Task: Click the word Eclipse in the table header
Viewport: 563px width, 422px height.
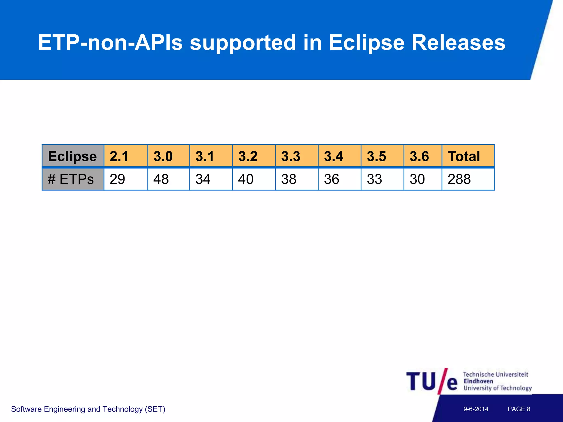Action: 72,156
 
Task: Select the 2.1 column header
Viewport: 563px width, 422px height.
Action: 119,156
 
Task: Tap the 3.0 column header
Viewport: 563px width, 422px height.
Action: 163,156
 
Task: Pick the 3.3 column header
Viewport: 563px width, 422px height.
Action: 291,156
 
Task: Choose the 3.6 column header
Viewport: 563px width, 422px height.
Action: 419,156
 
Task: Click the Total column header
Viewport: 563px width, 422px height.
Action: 464,156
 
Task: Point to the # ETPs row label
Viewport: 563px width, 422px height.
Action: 71,179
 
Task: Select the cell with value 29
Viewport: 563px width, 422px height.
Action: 117,179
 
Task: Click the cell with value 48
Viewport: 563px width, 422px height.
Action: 161,179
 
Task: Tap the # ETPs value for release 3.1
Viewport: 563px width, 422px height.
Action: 203,179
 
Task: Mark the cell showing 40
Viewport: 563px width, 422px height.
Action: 246,179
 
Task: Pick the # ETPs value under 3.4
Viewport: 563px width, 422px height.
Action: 332,179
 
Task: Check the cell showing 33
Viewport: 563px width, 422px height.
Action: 374,179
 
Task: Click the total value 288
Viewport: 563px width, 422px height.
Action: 459,179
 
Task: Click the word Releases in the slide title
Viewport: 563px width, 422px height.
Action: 458,43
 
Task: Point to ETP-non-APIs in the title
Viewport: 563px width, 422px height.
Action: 110,43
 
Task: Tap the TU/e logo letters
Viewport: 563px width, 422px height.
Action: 432,381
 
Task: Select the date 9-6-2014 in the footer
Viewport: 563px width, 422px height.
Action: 476,409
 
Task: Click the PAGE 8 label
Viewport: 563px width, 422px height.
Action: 519,409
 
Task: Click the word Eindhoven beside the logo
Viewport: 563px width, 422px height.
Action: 478,381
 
